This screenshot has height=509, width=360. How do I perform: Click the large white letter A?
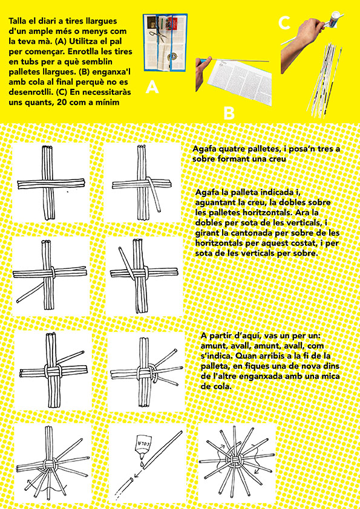click(152, 86)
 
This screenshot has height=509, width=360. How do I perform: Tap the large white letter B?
click(229, 113)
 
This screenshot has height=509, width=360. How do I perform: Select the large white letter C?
click(284, 23)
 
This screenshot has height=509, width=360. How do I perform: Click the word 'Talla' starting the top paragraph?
click(19, 21)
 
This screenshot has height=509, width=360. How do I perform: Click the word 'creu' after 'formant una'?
click(278, 159)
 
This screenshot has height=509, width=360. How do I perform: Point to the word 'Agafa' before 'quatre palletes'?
click(204, 149)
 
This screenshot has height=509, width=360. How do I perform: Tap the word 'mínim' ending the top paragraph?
click(109, 102)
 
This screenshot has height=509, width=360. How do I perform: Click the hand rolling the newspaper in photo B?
click(203, 71)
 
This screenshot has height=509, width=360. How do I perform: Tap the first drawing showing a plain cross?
click(51, 183)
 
